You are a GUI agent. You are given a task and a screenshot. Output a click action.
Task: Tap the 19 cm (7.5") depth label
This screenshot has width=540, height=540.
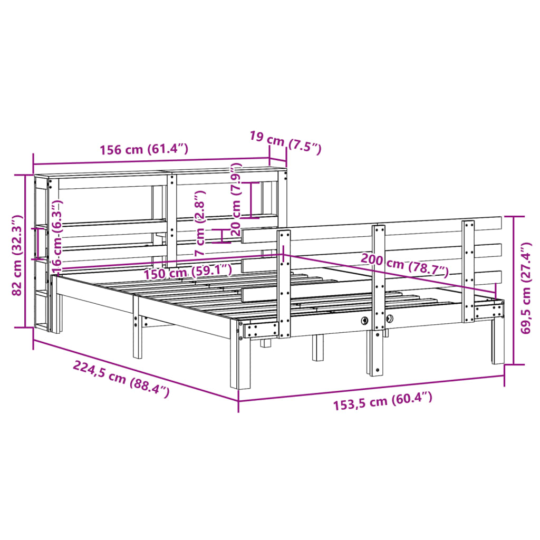click(285, 142)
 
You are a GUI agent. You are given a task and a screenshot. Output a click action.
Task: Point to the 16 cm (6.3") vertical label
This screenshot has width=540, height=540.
click(57, 235)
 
